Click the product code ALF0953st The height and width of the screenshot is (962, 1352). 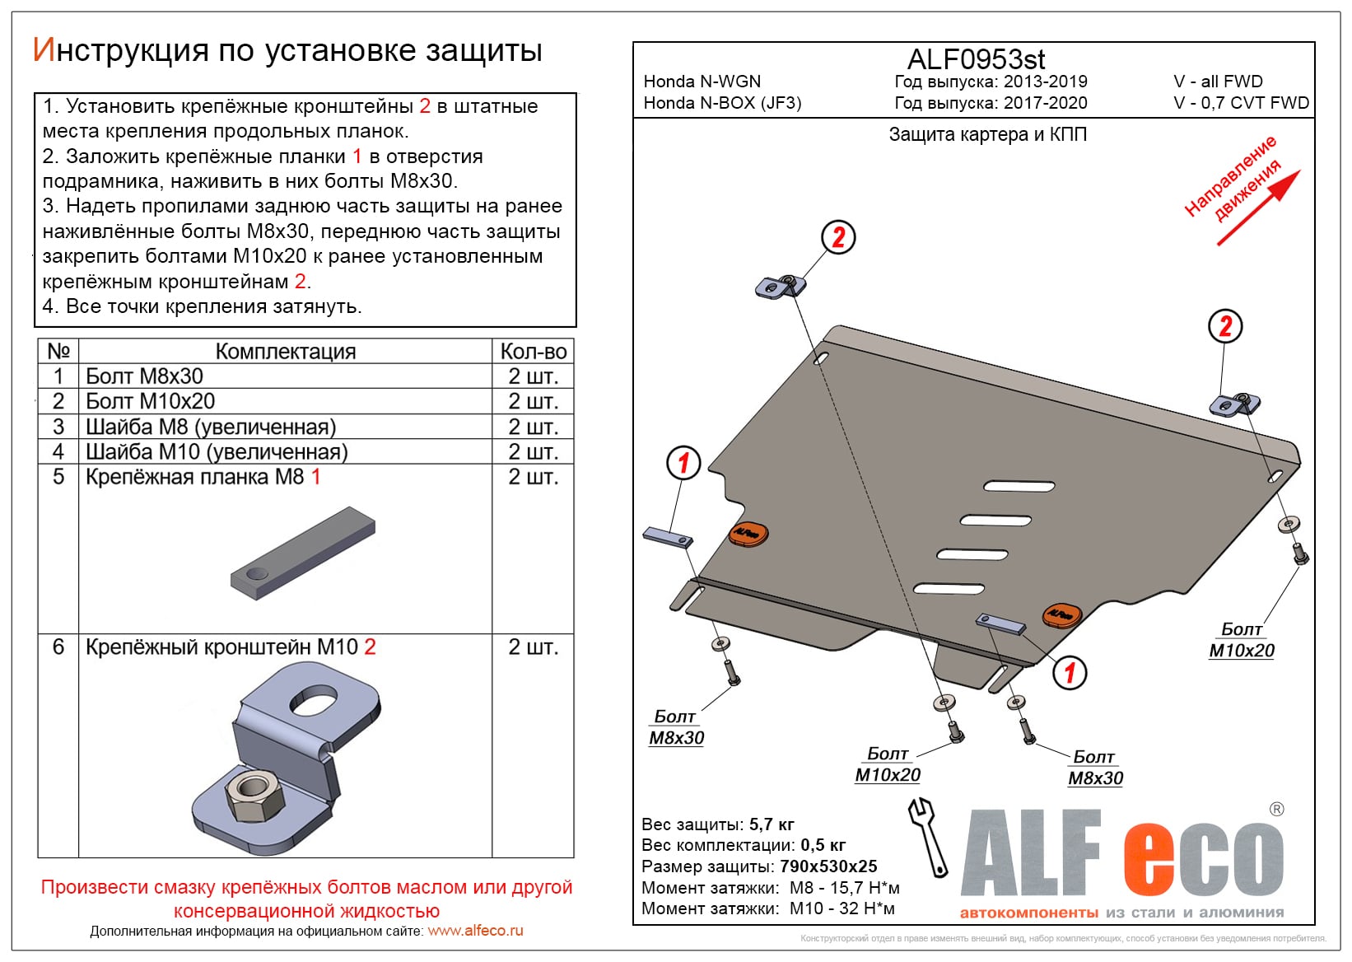coord(976,59)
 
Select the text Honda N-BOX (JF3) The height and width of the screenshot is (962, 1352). coord(722,103)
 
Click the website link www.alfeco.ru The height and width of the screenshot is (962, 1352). coord(475,931)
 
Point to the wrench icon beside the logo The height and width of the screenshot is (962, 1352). coord(927,836)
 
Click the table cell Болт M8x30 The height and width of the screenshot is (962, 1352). coord(144,376)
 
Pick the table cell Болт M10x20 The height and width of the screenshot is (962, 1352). coord(150,401)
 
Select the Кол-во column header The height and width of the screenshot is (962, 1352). coord(533,351)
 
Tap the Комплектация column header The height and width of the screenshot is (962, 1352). coord(285,351)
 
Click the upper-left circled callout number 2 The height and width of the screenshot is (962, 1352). coord(838,237)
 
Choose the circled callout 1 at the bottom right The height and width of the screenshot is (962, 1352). coord(1069,672)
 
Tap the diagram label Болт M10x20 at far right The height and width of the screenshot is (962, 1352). coord(1241,640)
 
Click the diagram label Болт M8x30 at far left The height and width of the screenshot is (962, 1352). coord(676,727)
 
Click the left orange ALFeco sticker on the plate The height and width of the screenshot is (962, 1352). coord(748,533)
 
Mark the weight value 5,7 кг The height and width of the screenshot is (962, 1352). coord(772,824)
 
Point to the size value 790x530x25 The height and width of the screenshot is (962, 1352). coord(828,866)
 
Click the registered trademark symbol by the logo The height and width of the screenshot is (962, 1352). coord(1276,810)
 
